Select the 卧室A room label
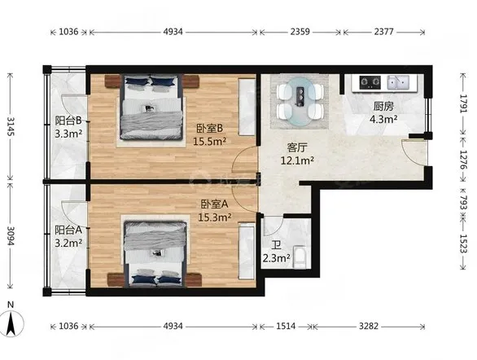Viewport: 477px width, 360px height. (x=214, y=204)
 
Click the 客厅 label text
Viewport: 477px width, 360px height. (x=297, y=147)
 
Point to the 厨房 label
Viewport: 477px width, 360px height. (x=383, y=106)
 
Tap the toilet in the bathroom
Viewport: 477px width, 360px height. (x=300, y=257)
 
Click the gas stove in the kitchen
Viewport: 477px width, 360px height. (x=370, y=82)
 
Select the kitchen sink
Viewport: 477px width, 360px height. (x=398, y=82)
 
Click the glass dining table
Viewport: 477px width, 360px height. (x=300, y=101)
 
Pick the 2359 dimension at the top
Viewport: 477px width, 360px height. (x=300, y=31)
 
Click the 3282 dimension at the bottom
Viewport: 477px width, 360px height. (x=369, y=327)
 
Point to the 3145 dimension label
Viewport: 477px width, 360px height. (x=10, y=126)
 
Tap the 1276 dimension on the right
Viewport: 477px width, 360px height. (x=463, y=160)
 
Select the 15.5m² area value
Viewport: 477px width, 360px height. (x=209, y=142)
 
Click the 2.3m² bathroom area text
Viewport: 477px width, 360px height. (x=276, y=258)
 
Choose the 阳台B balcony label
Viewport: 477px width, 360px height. (x=68, y=121)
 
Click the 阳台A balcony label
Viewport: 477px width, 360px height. (x=68, y=230)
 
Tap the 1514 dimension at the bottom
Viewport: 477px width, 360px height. (x=286, y=327)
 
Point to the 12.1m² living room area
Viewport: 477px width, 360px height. (x=297, y=160)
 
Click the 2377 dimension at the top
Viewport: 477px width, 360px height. (x=383, y=31)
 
